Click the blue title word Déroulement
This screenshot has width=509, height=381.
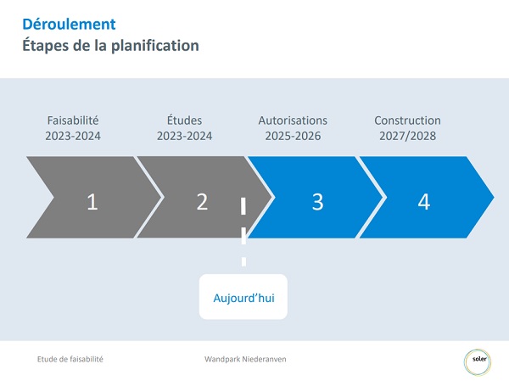(x=69, y=24)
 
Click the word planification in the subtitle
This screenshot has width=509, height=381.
(x=155, y=46)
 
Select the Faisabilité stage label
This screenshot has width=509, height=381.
(x=73, y=120)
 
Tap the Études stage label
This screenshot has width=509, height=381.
(x=184, y=120)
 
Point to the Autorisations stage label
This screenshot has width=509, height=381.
(x=293, y=120)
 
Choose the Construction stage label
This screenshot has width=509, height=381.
(x=407, y=120)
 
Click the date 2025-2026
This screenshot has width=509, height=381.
(x=293, y=136)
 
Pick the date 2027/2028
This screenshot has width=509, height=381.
(x=407, y=136)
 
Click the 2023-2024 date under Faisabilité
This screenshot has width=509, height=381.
(x=73, y=136)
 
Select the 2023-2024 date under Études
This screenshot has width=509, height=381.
(x=184, y=136)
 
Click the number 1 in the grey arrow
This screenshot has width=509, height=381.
(x=92, y=202)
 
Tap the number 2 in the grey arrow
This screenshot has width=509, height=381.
(x=202, y=202)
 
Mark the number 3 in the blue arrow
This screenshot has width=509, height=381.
(x=318, y=202)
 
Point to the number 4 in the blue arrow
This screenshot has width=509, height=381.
(x=424, y=202)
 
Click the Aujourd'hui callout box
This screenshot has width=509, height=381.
(x=243, y=296)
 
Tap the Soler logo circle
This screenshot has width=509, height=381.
(x=478, y=361)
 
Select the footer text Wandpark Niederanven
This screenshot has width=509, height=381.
(x=245, y=359)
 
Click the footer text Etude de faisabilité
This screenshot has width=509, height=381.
(x=70, y=359)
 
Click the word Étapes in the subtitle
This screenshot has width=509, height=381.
(x=46, y=45)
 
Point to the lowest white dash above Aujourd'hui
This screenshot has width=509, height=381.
(x=243, y=261)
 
